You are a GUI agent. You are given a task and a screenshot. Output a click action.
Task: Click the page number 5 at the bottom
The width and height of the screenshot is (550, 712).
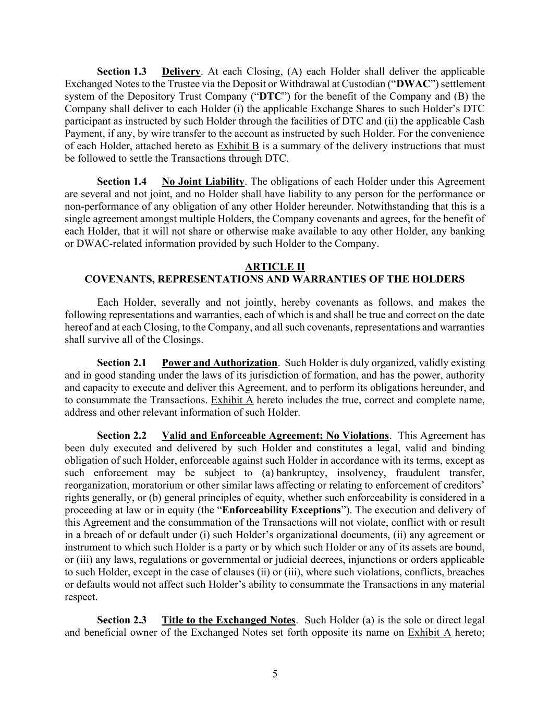click(x=275, y=674)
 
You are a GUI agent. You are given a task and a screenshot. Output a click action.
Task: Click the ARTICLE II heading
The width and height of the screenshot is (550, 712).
click(x=275, y=267)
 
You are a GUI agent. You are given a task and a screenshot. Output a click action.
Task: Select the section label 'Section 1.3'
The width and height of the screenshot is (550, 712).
click(x=121, y=71)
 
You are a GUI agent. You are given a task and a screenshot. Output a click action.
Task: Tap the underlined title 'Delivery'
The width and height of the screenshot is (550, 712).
click(x=181, y=71)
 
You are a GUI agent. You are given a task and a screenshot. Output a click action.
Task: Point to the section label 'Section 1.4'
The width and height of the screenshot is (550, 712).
click(x=121, y=182)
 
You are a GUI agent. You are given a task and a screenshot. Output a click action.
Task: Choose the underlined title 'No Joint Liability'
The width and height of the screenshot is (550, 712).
click(x=203, y=182)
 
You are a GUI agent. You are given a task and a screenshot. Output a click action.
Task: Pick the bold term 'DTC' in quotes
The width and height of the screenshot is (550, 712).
click(x=270, y=96)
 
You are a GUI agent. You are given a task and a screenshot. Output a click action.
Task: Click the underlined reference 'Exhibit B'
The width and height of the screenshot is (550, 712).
click(x=238, y=146)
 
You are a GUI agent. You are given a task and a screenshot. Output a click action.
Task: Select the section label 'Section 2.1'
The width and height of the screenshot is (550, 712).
click(x=121, y=363)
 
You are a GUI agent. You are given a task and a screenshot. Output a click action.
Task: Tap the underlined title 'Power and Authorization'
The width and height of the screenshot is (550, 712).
click(x=219, y=363)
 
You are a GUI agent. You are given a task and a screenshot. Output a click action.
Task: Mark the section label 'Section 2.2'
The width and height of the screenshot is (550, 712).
click(x=121, y=436)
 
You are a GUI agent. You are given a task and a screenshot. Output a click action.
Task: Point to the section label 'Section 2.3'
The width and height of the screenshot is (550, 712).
click(x=121, y=620)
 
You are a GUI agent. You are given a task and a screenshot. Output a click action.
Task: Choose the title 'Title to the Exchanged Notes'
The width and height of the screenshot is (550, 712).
click(x=228, y=620)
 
